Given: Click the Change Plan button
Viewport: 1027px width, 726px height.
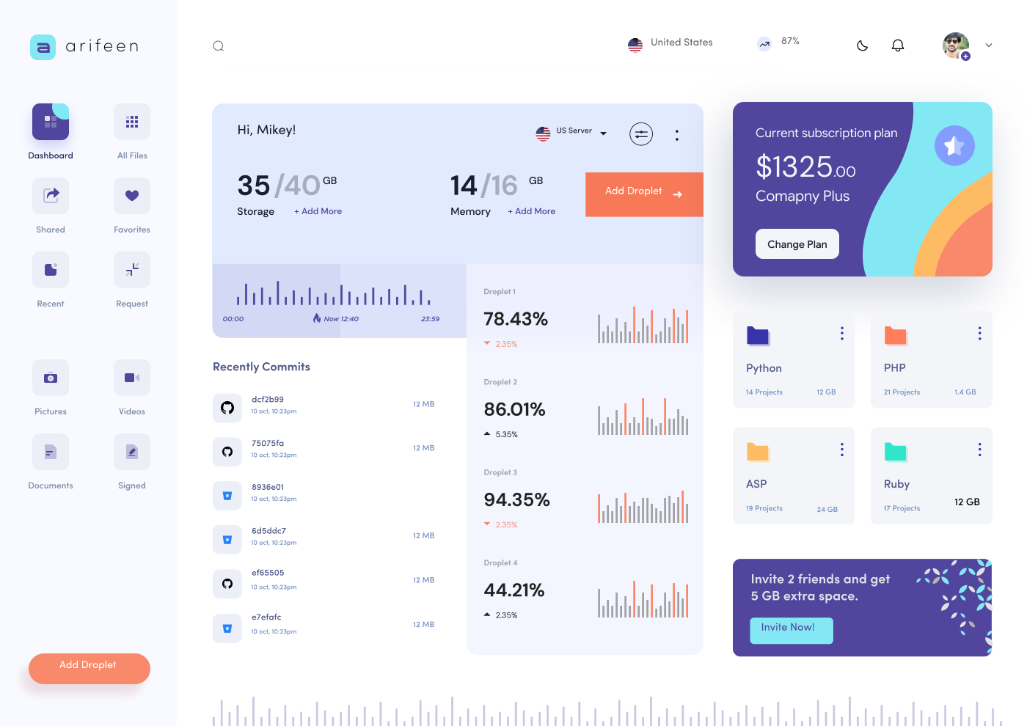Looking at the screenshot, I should click(x=797, y=244).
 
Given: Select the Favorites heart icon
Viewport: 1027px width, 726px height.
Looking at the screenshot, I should click(x=132, y=196).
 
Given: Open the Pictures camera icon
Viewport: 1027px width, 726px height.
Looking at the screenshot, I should click(x=51, y=378).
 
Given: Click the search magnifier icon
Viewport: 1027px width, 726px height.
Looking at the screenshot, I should click(x=219, y=46).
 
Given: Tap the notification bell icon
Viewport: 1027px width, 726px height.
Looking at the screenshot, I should click(x=897, y=45).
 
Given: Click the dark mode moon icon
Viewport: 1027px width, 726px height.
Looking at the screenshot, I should click(x=863, y=45).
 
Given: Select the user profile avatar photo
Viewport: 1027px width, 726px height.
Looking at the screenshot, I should click(x=955, y=45).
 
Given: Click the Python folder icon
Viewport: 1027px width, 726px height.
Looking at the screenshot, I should click(x=758, y=336).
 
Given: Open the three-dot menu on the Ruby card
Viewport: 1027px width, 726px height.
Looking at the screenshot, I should click(x=979, y=450).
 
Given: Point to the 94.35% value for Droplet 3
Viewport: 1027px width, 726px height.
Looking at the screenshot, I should click(x=516, y=500).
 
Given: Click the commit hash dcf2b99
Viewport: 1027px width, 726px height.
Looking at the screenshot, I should click(x=268, y=400).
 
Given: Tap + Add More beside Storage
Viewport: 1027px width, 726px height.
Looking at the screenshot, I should click(x=318, y=211).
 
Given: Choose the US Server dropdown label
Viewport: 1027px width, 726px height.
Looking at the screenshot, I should click(x=574, y=131).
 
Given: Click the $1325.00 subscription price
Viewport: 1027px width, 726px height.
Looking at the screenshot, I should click(x=805, y=167).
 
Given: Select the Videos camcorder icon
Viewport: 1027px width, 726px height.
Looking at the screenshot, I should click(x=132, y=378).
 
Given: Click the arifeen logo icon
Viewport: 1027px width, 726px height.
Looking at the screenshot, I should click(x=43, y=47).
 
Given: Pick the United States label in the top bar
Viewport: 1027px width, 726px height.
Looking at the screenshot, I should click(x=681, y=43).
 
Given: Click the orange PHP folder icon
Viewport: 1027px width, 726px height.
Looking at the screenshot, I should click(x=896, y=336).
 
